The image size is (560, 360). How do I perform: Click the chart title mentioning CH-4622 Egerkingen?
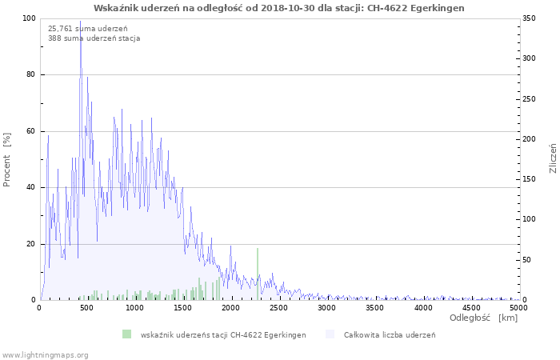tap(279, 8)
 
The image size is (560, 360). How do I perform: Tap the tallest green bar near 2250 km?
tap(258, 274)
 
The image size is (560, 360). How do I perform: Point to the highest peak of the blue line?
tap(80, 22)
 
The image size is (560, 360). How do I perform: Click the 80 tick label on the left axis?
tap(31, 74)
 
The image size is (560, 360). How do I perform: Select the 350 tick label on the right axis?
tap(529, 18)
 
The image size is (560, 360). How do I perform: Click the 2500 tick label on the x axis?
tap(278, 308)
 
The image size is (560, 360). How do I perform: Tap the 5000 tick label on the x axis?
tap(518, 308)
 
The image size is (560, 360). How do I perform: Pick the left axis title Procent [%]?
tap(6, 160)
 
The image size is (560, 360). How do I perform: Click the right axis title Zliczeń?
tap(553, 158)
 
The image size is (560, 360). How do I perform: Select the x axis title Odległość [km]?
tap(483, 318)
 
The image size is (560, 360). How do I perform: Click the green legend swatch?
tap(126, 334)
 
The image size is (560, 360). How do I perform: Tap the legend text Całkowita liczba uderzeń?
tap(390, 335)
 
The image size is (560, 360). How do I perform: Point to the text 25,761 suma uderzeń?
tap(87, 29)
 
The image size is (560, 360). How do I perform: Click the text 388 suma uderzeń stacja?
tap(94, 38)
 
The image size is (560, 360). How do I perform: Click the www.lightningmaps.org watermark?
tap(44, 355)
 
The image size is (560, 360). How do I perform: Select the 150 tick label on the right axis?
tap(529, 179)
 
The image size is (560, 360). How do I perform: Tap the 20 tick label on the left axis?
tap(31, 244)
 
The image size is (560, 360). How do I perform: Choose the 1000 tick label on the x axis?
tap(134, 308)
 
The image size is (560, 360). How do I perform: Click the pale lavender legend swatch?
tap(330, 334)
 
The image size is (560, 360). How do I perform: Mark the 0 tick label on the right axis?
tap(525, 300)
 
